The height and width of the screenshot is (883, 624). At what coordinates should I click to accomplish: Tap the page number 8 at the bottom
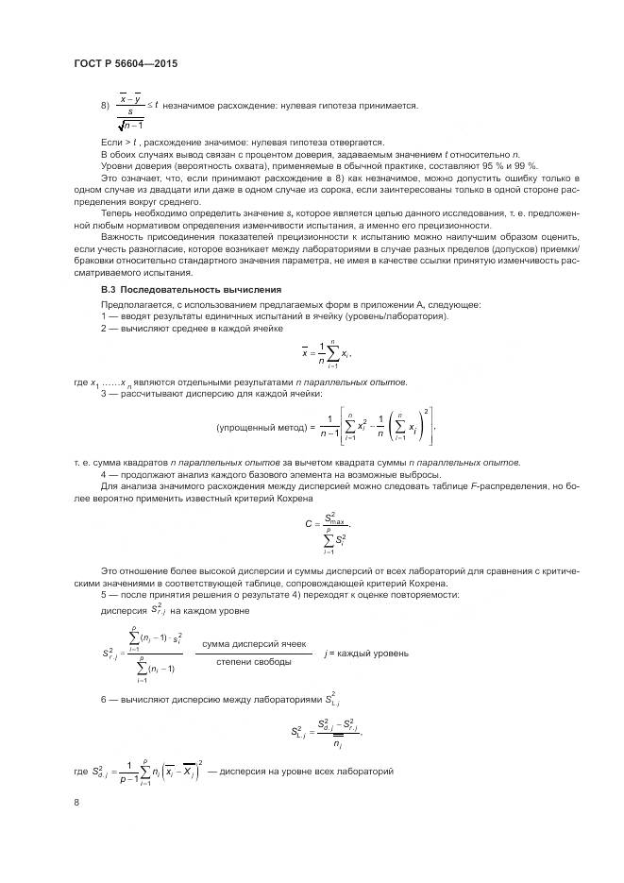[x=76, y=802]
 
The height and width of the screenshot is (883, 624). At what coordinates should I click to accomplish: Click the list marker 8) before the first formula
[x=105, y=107]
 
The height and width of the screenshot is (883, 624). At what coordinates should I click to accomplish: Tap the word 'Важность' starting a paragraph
[x=123, y=240]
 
